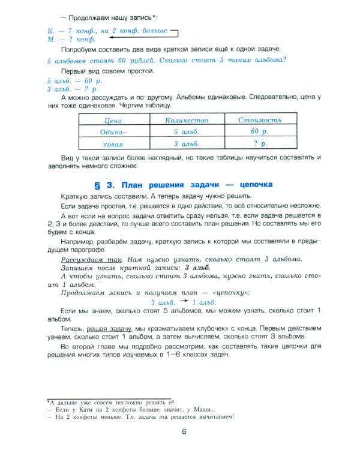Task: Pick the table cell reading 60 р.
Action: [259, 131]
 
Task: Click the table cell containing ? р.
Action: [259, 144]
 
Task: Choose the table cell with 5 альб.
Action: [186, 131]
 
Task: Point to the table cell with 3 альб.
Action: [186, 144]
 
